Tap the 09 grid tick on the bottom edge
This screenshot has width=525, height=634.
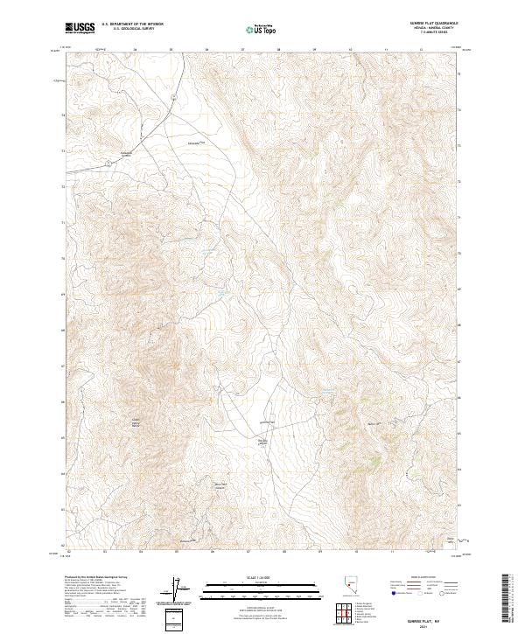[x=320, y=552]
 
